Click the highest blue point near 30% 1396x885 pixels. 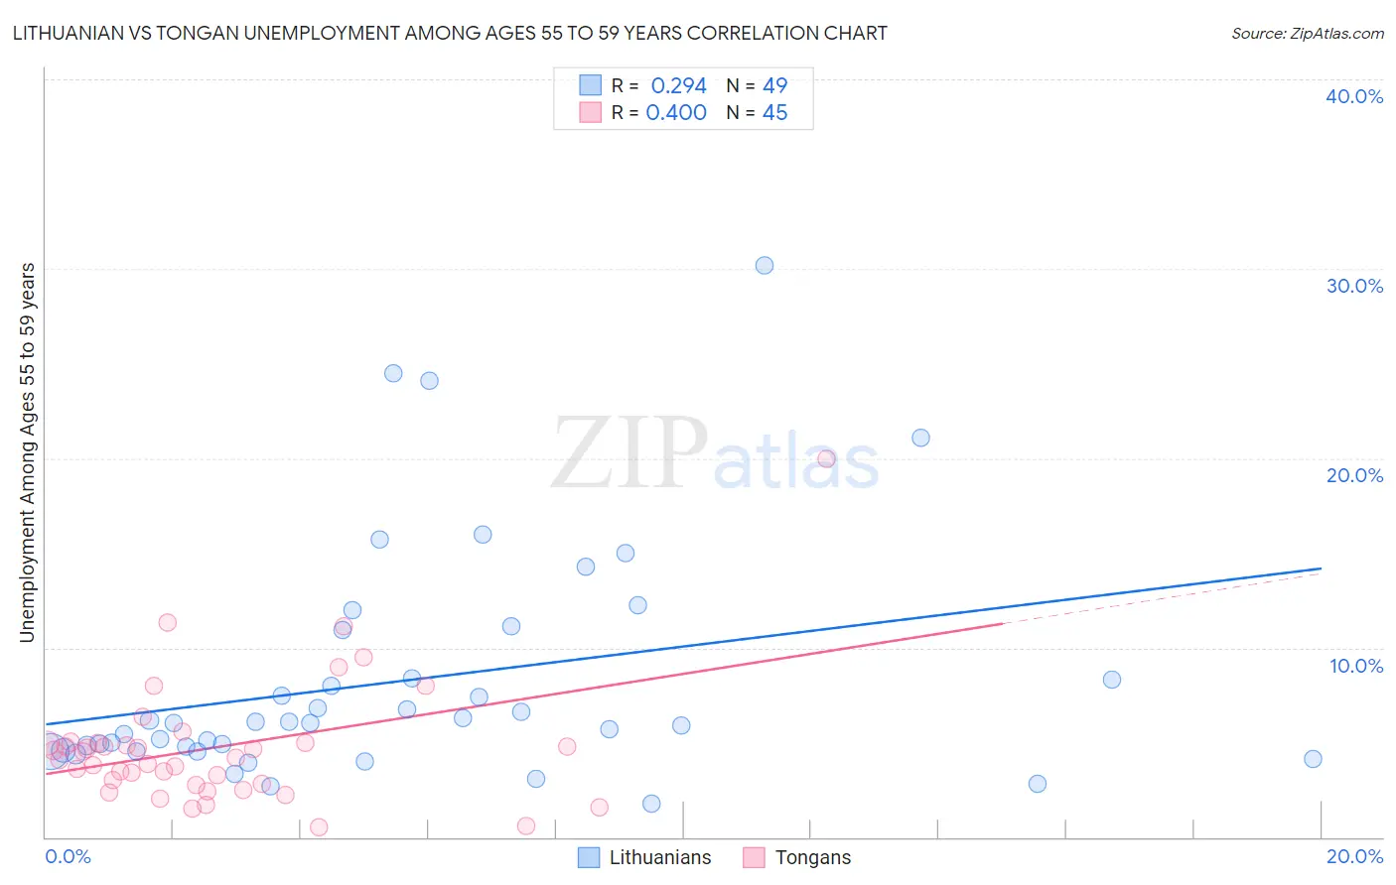coord(764,265)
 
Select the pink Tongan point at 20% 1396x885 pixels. coord(826,458)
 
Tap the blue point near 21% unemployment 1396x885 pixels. coord(920,438)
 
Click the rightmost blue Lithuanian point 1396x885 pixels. coord(1313,759)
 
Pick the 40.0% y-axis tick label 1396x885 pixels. coord(1354,96)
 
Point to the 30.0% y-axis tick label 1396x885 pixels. coord(1354,286)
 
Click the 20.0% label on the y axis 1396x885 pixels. coord(1354,475)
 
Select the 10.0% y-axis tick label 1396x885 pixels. coord(1356,666)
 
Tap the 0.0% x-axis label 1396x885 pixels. coord(68,857)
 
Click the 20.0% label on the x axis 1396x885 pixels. coord(1354,857)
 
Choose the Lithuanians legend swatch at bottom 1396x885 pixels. coord(589,857)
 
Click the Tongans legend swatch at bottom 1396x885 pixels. coord(755,857)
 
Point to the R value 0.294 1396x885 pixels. coord(678,86)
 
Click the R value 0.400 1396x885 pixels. coord(676,113)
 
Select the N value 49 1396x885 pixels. coord(774,86)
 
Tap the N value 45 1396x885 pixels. coord(774,113)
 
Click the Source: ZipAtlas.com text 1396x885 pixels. coord(1307,34)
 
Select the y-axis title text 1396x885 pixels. coord(28,452)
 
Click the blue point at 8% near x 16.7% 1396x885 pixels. coord(1111,680)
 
